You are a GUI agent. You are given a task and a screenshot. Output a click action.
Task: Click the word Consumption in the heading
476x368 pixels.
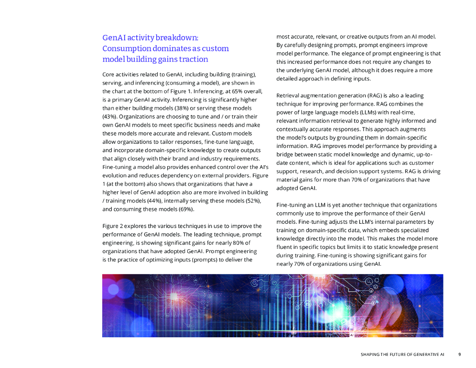[x=121, y=48]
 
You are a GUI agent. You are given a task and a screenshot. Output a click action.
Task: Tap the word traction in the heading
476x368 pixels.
[x=193, y=60]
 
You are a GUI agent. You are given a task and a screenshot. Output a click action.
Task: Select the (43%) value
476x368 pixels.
[x=109, y=116]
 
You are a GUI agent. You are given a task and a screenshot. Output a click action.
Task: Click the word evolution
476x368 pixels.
[x=115, y=175]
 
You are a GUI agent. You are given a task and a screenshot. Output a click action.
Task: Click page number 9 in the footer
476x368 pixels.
[x=459, y=355]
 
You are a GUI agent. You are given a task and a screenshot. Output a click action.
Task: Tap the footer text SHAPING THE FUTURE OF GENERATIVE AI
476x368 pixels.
[x=402, y=355]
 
